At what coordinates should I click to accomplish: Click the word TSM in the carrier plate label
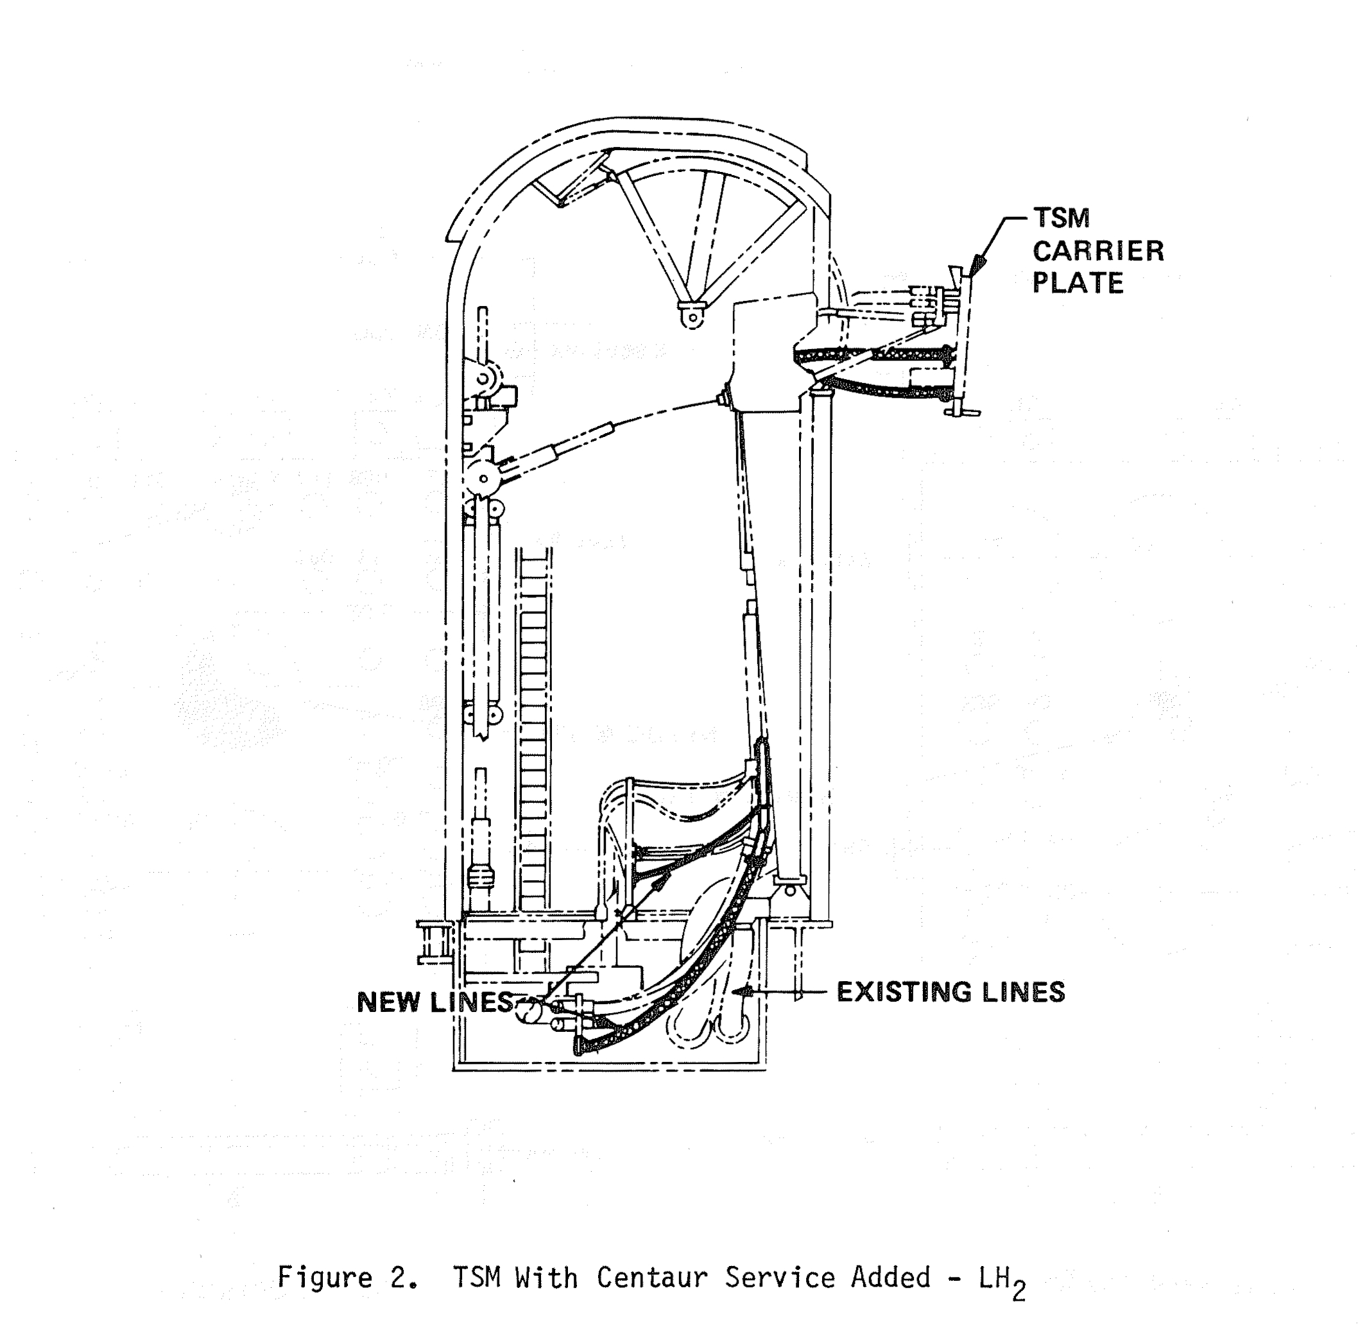(x=1061, y=218)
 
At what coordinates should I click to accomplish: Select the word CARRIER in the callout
(x=1098, y=251)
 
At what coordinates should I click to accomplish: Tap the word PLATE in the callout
(x=1078, y=283)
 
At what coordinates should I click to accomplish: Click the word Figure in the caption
(x=325, y=1278)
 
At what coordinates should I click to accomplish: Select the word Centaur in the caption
(x=652, y=1278)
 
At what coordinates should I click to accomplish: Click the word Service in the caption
(x=779, y=1278)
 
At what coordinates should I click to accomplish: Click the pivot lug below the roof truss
(x=692, y=315)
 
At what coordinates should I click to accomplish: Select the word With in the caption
(x=547, y=1278)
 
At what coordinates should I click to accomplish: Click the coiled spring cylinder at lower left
(x=481, y=874)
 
